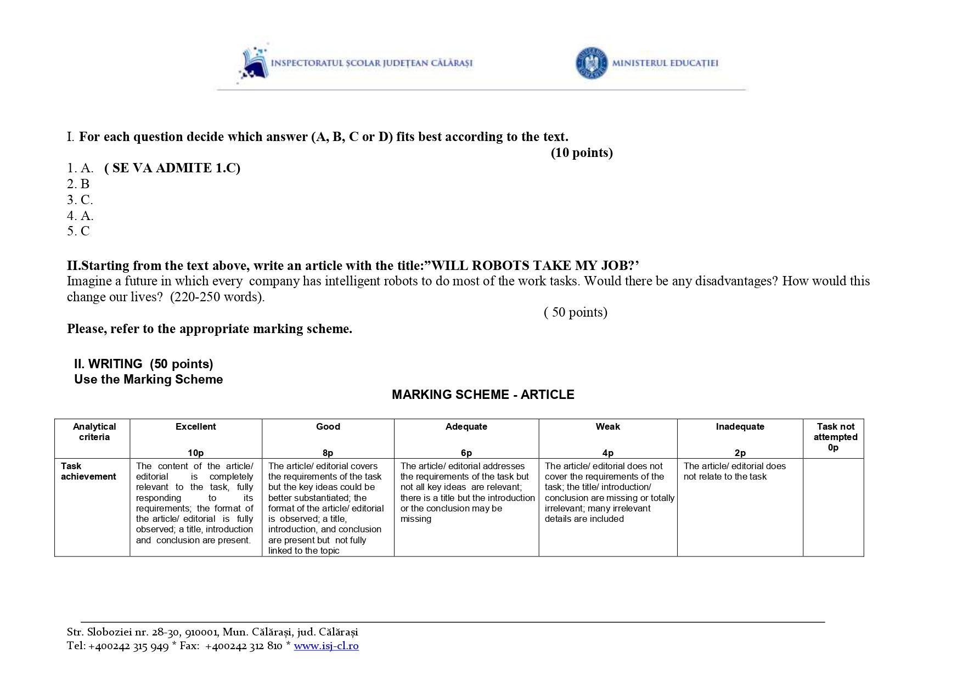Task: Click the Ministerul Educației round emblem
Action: coord(592,63)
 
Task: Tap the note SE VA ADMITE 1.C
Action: coord(172,168)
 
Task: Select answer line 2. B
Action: coord(78,184)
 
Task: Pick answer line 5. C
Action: coord(78,231)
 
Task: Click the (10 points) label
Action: coord(582,153)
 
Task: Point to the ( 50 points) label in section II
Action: coord(575,312)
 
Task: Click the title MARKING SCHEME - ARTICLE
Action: coord(483,395)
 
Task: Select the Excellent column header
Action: coord(195,426)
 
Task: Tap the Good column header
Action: coord(328,426)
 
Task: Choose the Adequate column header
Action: coord(466,426)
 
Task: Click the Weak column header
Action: coord(608,426)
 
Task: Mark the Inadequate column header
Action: coord(740,426)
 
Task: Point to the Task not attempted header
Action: coord(835,432)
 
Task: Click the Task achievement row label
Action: coord(88,471)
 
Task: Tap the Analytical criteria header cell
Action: coord(94,432)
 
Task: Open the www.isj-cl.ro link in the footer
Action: coord(326,646)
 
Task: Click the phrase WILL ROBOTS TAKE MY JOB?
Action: coord(535,266)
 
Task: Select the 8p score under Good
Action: coord(328,453)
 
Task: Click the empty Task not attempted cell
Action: coord(833,507)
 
